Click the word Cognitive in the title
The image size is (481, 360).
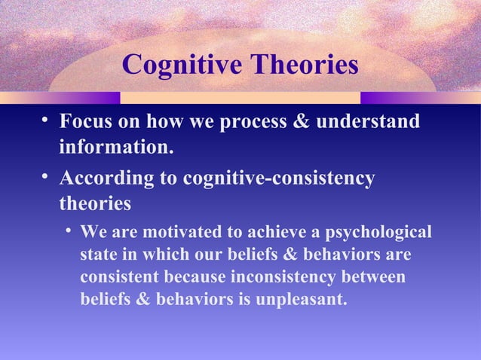coord(177,66)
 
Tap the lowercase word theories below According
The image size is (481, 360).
coord(95,203)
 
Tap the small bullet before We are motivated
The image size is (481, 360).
coord(69,230)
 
